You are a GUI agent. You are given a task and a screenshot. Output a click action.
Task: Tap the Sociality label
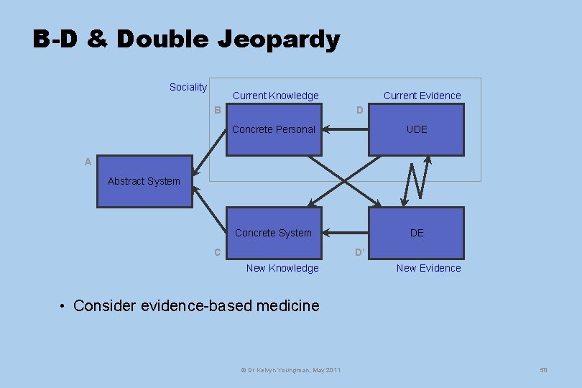pos(188,87)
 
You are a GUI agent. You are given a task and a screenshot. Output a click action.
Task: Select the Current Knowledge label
pos(275,96)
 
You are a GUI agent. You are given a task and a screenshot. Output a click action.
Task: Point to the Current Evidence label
pos(422,96)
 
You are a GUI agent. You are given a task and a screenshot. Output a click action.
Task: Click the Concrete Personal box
pos(274,129)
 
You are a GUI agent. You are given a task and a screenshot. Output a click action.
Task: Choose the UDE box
pos(416,129)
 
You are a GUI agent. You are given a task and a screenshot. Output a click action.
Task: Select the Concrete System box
pos(274,233)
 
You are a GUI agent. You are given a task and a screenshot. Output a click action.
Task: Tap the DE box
pos(416,233)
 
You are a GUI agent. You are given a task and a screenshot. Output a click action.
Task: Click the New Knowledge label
pos(282,268)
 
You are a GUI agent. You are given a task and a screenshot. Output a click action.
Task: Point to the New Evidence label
pos(428,268)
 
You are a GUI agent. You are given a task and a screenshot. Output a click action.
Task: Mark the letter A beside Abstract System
pos(88,162)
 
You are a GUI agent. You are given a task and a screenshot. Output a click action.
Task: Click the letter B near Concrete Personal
pos(217,110)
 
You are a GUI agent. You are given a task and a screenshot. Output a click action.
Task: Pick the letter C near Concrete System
pos(217,252)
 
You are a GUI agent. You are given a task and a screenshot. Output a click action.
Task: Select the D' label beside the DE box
pos(360,252)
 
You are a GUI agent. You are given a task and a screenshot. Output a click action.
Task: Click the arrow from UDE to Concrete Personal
pos(345,130)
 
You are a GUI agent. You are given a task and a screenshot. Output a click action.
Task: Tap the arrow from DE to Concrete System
pos(345,233)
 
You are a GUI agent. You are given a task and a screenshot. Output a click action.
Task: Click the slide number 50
pos(543,370)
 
